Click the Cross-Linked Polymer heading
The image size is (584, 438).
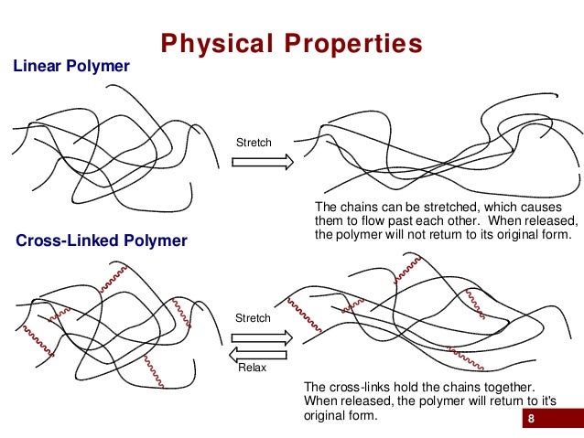point(102,241)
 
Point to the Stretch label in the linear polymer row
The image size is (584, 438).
point(254,143)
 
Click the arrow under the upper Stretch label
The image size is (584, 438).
point(262,162)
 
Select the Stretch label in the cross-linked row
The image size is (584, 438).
point(254,318)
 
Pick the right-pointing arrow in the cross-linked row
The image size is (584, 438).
point(262,337)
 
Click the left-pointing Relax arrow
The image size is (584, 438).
point(260,354)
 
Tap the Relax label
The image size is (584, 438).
point(252,369)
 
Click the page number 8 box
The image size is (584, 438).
point(530,420)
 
